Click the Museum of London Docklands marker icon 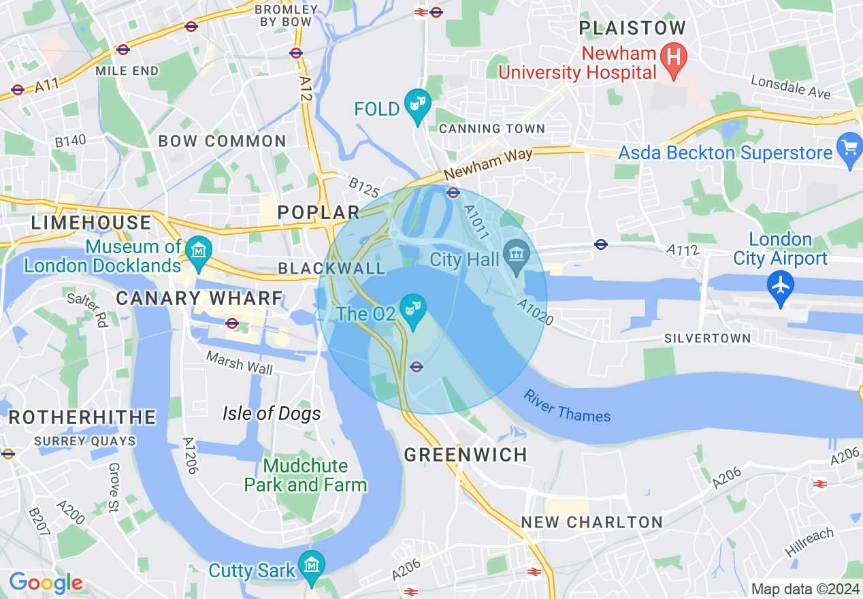pyautogui.click(x=199, y=250)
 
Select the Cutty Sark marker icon pyautogui.click(x=312, y=565)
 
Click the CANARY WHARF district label pyautogui.click(x=199, y=298)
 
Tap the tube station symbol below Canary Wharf pyautogui.click(x=231, y=323)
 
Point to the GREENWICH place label pyautogui.click(x=466, y=455)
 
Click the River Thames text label pyautogui.click(x=566, y=406)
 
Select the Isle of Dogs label pyautogui.click(x=272, y=413)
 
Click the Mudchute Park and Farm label pyautogui.click(x=306, y=475)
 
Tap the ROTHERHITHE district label pyautogui.click(x=82, y=417)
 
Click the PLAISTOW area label pyautogui.click(x=632, y=29)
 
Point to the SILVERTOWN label pyautogui.click(x=707, y=338)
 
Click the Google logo pyautogui.click(x=46, y=583)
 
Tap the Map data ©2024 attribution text pyautogui.click(x=803, y=589)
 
